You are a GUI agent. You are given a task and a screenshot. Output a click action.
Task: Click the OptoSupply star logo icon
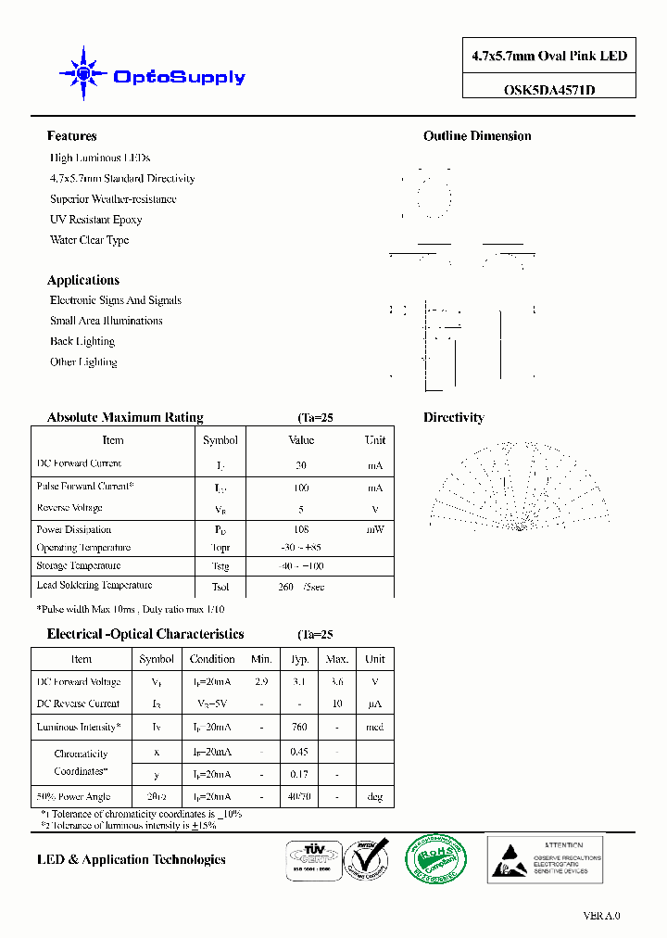[82, 72]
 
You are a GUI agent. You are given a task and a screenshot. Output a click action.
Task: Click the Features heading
[71, 136]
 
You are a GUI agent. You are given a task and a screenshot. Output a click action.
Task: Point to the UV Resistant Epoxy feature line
[95, 220]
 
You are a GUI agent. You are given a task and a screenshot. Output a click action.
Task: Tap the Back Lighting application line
[82, 341]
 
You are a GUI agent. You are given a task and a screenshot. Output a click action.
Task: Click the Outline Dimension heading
[477, 136]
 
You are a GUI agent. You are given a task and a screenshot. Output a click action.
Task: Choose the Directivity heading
[454, 418]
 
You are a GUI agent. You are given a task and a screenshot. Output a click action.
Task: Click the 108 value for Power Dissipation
[301, 530]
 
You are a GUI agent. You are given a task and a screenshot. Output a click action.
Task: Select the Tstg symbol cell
[220, 566]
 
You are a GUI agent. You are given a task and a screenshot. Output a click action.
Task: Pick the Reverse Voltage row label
[69, 508]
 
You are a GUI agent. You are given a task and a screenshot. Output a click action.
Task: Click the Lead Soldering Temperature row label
[94, 586]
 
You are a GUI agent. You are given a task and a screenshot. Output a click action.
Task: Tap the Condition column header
[212, 659]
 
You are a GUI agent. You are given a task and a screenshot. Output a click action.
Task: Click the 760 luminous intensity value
[299, 728]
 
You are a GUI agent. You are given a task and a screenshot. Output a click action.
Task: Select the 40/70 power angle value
[299, 796]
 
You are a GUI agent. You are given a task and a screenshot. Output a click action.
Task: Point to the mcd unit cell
[374, 728]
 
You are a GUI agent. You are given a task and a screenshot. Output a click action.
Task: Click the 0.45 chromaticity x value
[299, 752]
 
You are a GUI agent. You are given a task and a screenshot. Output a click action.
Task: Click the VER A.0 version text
[601, 916]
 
